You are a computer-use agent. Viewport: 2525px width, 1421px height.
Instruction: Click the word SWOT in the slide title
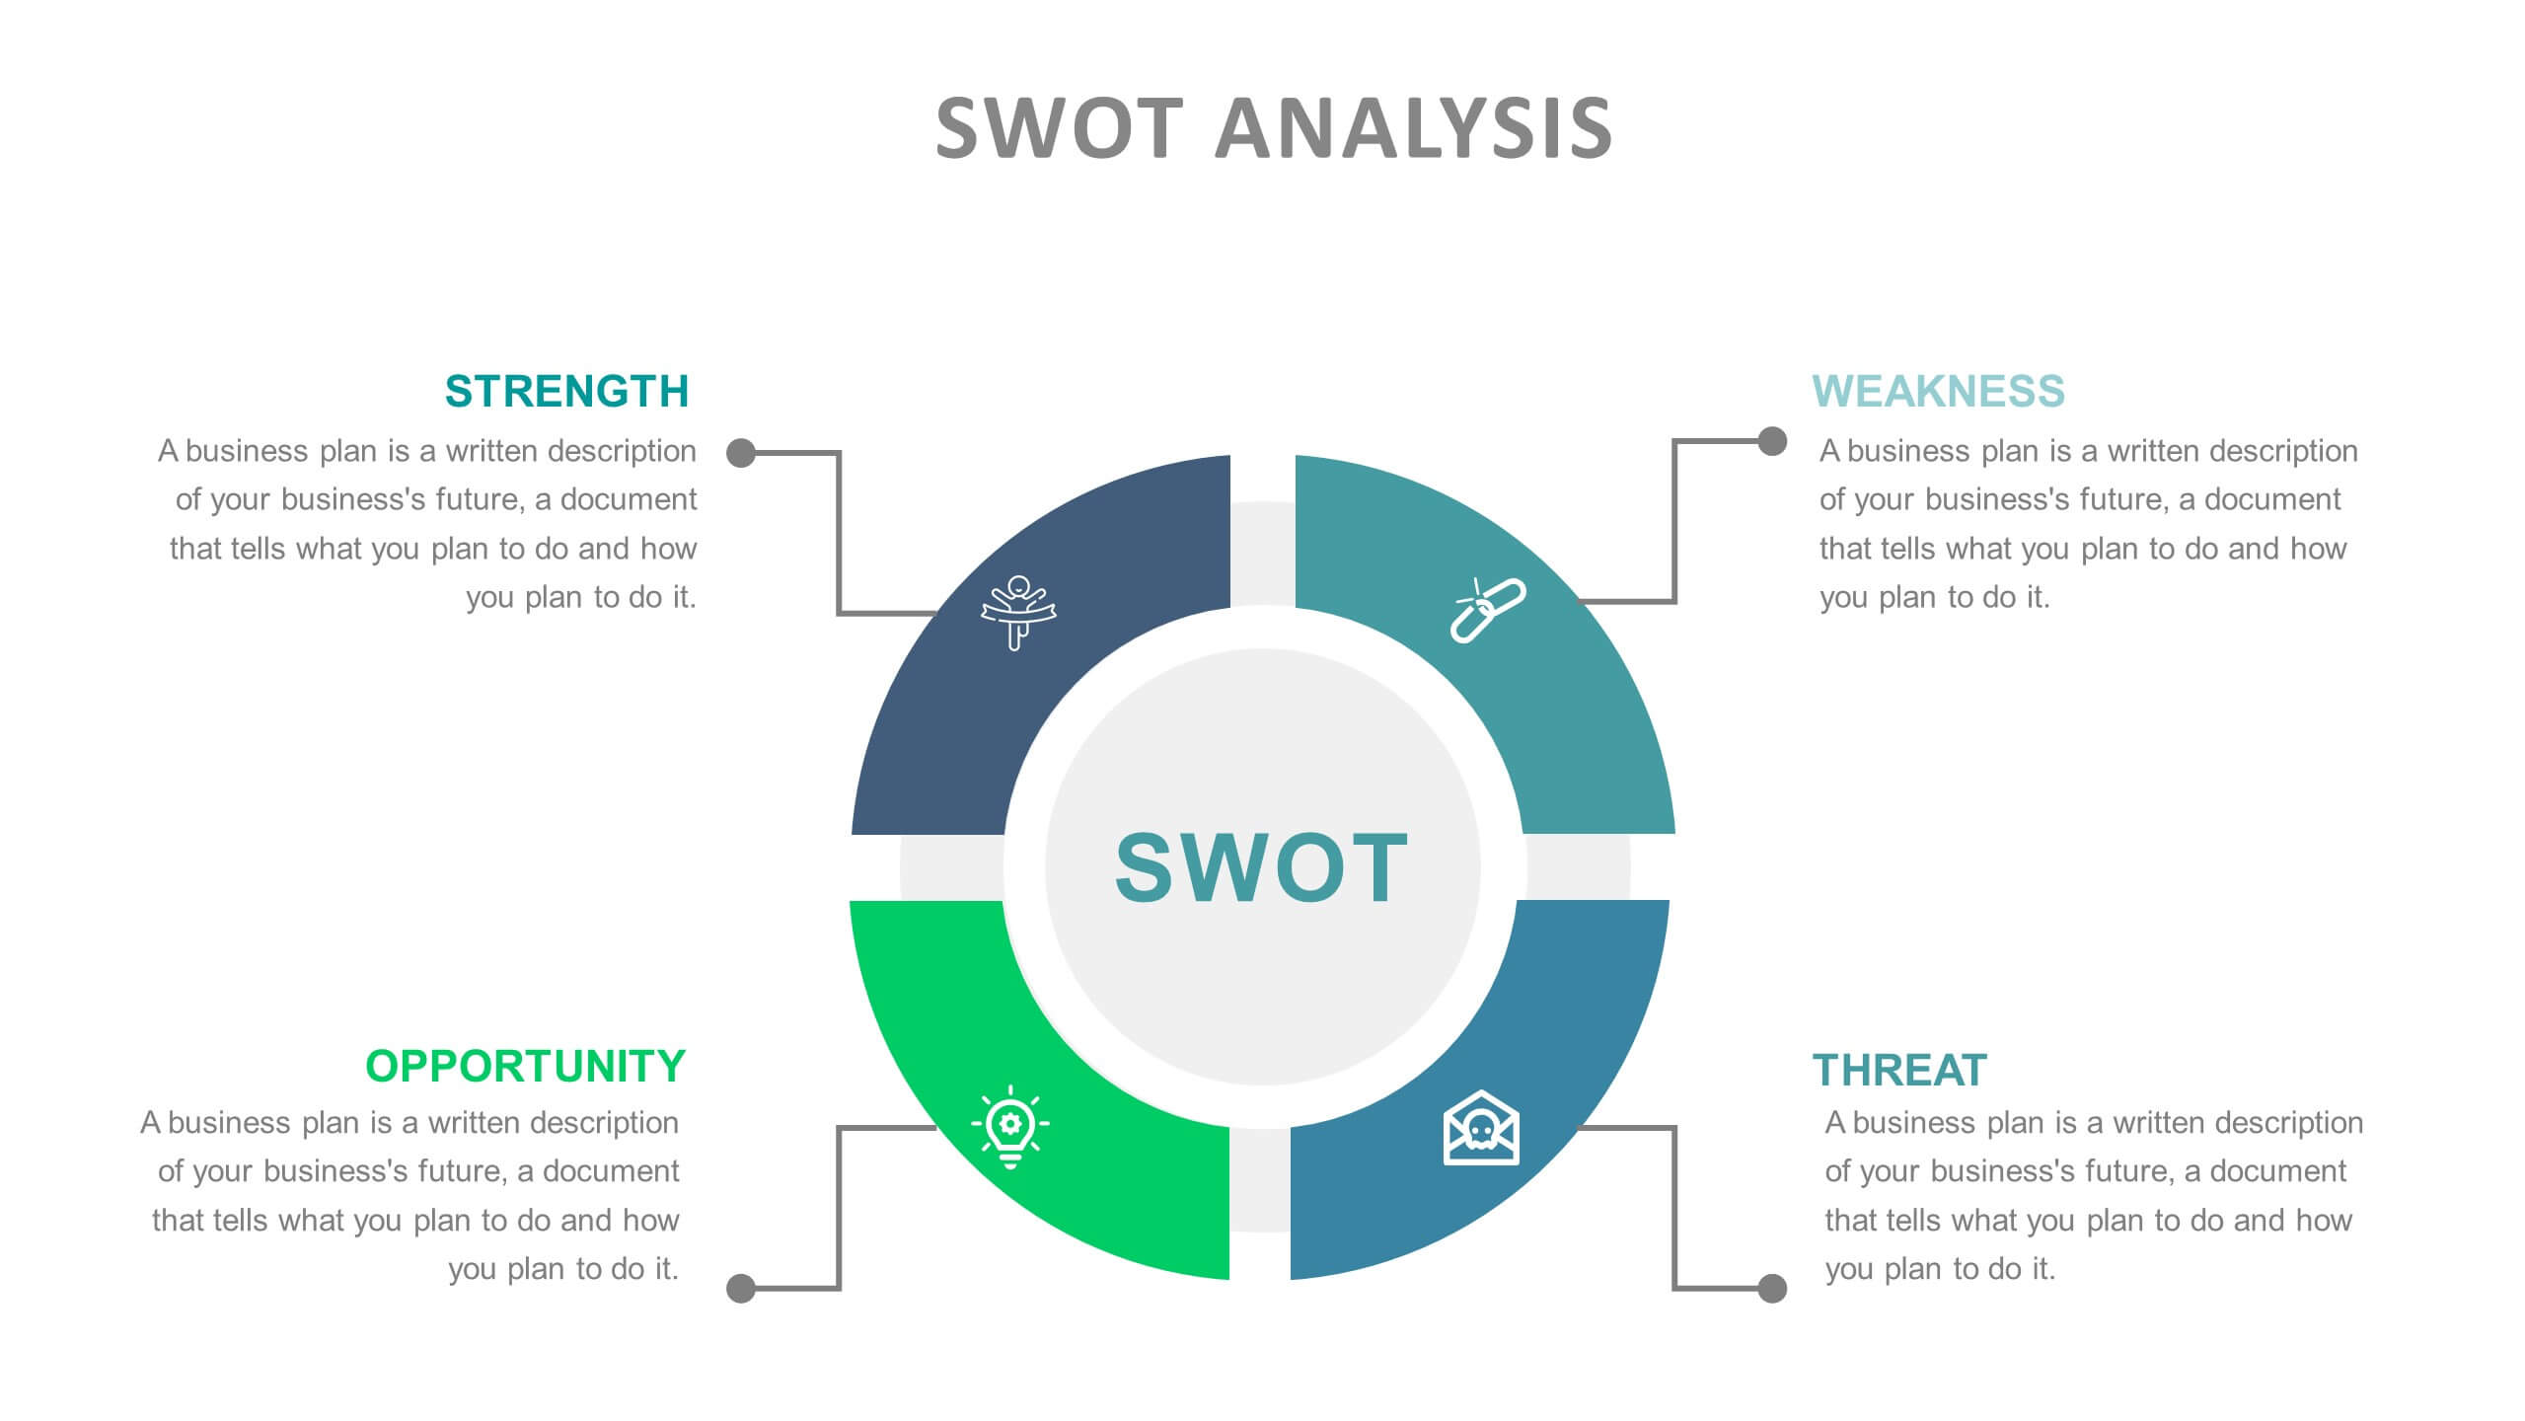[1059, 128]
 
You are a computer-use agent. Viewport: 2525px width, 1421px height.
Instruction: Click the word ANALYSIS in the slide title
[1414, 128]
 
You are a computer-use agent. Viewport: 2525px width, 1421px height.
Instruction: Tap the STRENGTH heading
[566, 391]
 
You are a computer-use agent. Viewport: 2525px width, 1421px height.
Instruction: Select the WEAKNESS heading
[1938, 391]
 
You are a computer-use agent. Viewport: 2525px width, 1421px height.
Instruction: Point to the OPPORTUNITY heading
[525, 1066]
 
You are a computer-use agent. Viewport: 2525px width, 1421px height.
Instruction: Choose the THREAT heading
[1899, 1070]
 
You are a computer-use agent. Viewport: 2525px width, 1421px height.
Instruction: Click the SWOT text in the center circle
[1262, 867]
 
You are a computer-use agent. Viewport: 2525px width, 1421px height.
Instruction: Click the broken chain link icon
[1488, 611]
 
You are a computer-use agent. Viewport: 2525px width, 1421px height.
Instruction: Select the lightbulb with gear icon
[1010, 1127]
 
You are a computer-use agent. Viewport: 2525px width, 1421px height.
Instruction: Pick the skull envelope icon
[1481, 1128]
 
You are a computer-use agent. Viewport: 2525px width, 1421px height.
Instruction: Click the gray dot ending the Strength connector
[741, 453]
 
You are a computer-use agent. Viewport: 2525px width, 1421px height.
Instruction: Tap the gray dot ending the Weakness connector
[1772, 441]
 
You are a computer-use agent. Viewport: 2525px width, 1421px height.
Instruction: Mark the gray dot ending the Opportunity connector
[741, 1288]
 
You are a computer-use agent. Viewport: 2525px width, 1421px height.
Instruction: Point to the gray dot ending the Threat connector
[1772, 1288]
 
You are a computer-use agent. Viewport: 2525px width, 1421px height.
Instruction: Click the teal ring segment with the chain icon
[1510, 612]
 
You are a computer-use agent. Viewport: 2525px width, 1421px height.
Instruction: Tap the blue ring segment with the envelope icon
[1510, 1125]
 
